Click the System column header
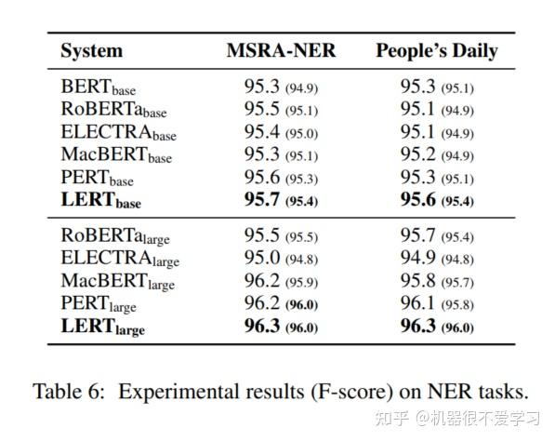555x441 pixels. pyautogui.click(x=91, y=51)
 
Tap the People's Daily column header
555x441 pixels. pyautogui.click(x=436, y=51)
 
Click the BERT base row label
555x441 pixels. pyautogui.click(x=98, y=87)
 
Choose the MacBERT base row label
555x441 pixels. pyautogui.click(x=116, y=154)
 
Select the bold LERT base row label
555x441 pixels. pyautogui.click(x=100, y=198)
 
